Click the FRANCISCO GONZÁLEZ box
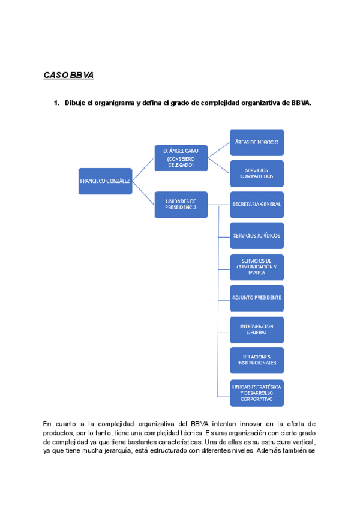pos(105,181)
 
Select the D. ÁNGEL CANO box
pos(181,158)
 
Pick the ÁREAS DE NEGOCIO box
pos(257,142)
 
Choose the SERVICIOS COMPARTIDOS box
pos(257,173)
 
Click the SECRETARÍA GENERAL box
pos(257,205)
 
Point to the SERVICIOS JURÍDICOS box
pos(257,235)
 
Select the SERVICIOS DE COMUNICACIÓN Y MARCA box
pos(257,267)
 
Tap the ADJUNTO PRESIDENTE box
pos(257,297)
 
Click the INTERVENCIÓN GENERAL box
pos(257,328)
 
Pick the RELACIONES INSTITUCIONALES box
pos(257,359)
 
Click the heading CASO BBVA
pos(68,76)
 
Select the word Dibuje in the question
pos(76,103)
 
